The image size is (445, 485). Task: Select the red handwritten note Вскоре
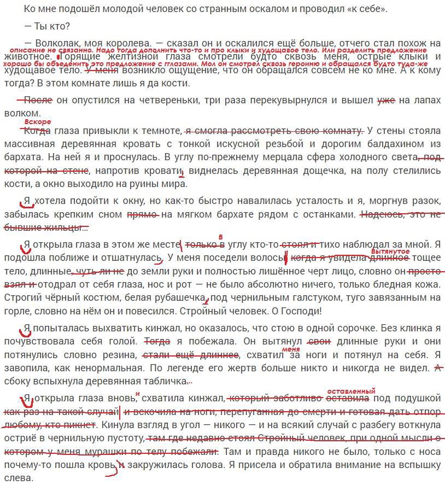pos(38,121)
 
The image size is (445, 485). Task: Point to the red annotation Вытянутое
pos(390,251)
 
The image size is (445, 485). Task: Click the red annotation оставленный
pos(351,391)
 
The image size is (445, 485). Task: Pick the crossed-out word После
pos(38,100)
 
